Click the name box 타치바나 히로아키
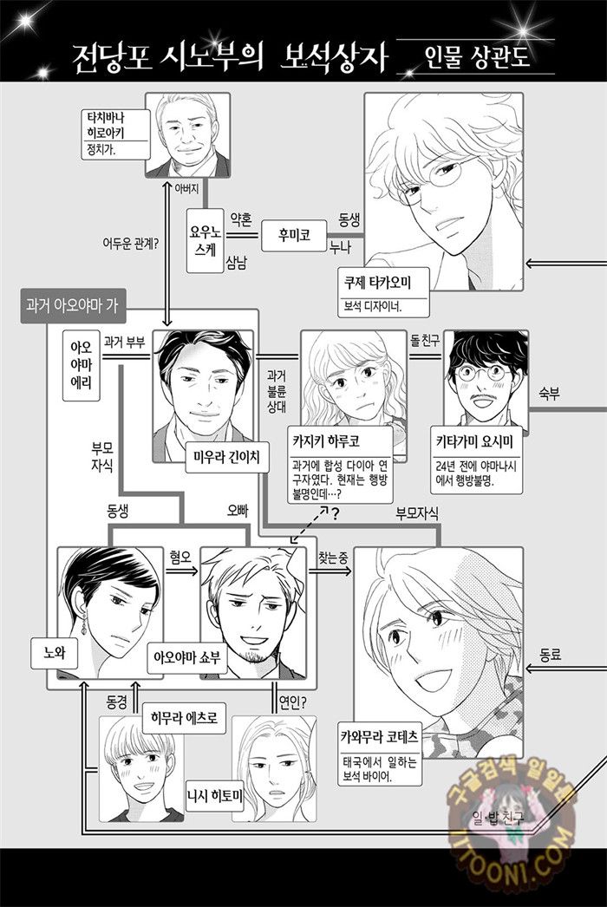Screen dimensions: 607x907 (115, 134)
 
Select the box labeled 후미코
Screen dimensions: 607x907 (294, 236)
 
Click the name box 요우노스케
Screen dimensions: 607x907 (205, 241)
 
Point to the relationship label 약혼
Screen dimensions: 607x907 (241, 219)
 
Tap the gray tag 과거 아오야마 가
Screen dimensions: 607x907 (73, 305)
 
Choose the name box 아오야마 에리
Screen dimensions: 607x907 (82, 365)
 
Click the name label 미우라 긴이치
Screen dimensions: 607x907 (223, 458)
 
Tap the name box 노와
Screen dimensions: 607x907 (55, 653)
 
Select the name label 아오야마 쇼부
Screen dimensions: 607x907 (186, 657)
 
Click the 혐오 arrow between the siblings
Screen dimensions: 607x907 (181, 571)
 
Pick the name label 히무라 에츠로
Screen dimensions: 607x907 (184, 719)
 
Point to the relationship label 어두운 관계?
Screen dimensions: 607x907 (131, 245)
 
